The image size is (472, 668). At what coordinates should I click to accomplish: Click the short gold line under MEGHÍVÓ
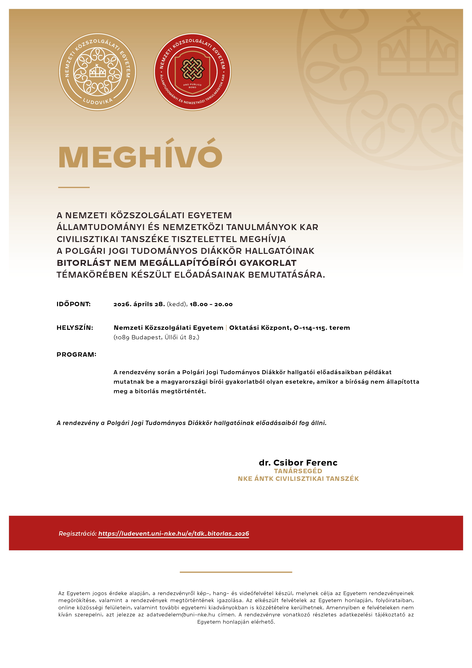point(74,187)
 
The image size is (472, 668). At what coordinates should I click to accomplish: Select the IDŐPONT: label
point(74,304)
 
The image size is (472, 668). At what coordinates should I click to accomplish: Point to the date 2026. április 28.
point(139,304)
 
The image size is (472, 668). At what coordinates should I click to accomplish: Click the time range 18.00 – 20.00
point(211,304)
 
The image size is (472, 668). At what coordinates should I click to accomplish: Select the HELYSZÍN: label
point(75,328)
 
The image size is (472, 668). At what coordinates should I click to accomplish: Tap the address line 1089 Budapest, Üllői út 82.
point(156,337)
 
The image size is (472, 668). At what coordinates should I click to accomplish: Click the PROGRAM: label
point(76,354)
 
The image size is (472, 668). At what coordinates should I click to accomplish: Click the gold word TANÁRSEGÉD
point(298,471)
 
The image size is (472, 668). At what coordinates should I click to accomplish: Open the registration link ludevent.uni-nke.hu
point(174,534)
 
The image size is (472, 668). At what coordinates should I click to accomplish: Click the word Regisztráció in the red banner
point(77,534)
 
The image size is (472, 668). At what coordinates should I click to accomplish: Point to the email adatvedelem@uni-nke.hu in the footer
point(181,615)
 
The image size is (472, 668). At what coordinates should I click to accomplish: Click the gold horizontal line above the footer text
point(236,572)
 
